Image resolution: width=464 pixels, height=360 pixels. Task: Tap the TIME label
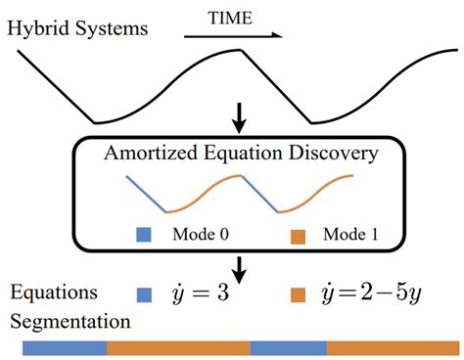pos(231,17)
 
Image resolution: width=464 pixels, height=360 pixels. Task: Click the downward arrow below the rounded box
pos(239,266)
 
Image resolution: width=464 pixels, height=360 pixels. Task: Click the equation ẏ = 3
pos(201,292)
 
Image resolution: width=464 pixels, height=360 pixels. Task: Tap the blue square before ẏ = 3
pos(145,292)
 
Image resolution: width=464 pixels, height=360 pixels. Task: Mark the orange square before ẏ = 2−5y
pos(300,292)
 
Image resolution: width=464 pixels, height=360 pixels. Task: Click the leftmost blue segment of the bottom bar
pos(63,346)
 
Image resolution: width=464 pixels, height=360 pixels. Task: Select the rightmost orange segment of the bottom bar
pos(387,346)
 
